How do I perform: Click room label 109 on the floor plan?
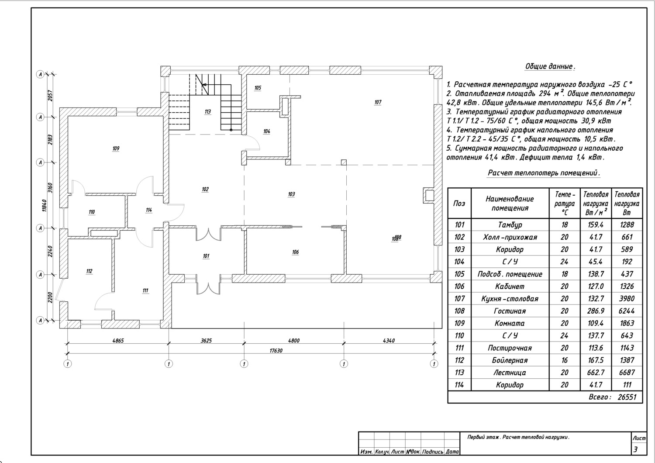(x=116, y=149)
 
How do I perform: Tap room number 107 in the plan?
(x=378, y=102)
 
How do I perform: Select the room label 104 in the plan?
(x=267, y=131)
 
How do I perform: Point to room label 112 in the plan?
(x=89, y=271)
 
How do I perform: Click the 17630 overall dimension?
(x=276, y=350)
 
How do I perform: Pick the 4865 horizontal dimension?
(x=118, y=340)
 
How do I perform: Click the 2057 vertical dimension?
(x=50, y=96)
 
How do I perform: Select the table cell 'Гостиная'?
(x=510, y=311)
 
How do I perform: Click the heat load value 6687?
(x=627, y=372)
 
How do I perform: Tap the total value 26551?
(x=627, y=397)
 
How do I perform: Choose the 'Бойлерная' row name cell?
(x=510, y=360)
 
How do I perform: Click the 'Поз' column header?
(x=459, y=203)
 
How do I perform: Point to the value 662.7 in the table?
(x=596, y=372)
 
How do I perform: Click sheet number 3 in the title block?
(x=635, y=449)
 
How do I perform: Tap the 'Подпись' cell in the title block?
(x=433, y=452)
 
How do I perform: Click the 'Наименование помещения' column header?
(x=510, y=203)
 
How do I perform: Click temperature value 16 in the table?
(x=564, y=360)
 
